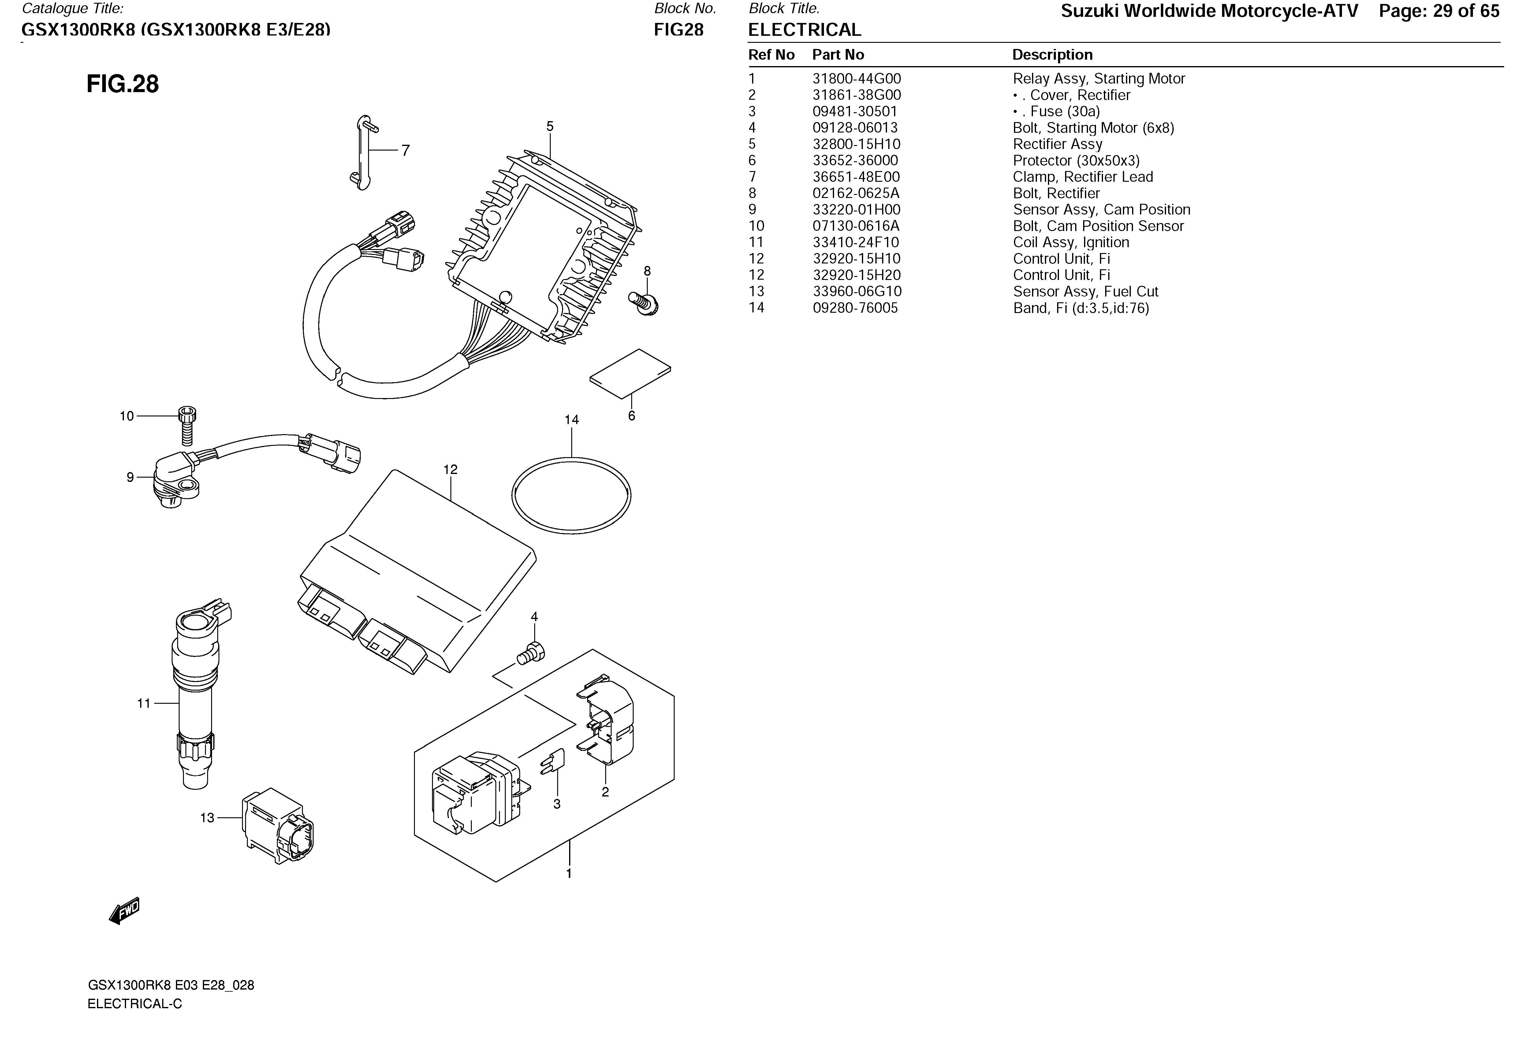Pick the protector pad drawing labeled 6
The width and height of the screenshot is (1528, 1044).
(630, 373)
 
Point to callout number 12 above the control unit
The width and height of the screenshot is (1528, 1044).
(450, 469)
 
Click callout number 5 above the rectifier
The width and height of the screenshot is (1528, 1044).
(550, 126)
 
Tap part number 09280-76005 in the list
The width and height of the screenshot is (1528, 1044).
(855, 308)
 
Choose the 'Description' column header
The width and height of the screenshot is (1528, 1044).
(1052, 54)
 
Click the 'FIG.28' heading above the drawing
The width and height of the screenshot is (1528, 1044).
(123, 84)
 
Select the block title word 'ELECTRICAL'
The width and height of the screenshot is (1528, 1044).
(804, 30)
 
